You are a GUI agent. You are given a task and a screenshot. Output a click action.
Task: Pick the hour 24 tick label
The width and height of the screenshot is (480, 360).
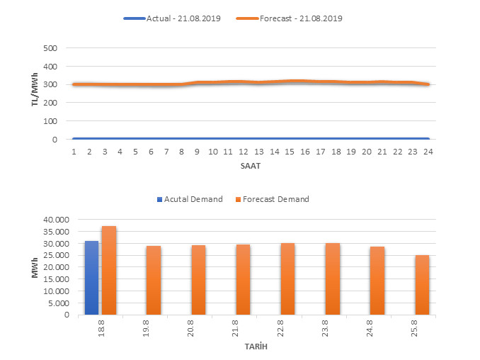pyautogui.click(x=427, y=152)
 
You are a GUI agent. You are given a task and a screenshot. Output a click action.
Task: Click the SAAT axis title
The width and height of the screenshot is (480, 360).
pyautogui.click(x=251, y=166)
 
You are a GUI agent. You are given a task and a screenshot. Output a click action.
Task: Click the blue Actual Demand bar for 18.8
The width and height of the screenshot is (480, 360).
pyautogui.click(x=92, y=278)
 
